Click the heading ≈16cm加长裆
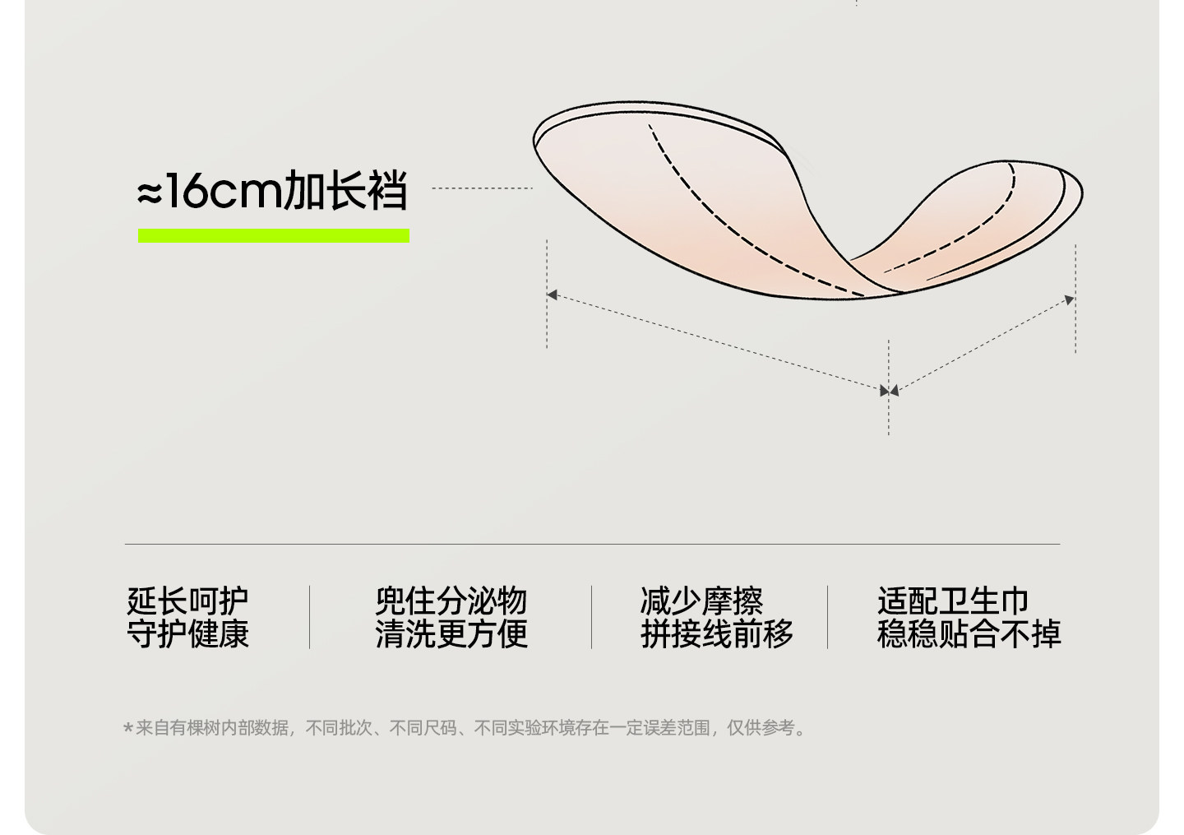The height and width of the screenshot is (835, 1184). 272,191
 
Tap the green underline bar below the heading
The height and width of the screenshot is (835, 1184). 273,236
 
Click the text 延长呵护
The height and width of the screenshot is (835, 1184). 187,601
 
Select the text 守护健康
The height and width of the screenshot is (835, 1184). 187,634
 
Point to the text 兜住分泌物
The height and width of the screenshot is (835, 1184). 451,601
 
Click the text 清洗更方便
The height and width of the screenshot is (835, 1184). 451,634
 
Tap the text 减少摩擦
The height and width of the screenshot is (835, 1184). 701,601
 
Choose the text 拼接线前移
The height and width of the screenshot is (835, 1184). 716,634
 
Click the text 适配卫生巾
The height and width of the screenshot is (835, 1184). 952,601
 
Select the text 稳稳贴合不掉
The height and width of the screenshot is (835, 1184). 969,634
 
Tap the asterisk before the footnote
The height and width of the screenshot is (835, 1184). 128,728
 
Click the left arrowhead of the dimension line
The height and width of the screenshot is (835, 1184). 553,295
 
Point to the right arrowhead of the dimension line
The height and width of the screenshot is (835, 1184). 1069,299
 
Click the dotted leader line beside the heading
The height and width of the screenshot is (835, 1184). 482,188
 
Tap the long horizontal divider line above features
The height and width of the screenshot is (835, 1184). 592,544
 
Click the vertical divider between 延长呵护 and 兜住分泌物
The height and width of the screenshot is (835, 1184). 310,617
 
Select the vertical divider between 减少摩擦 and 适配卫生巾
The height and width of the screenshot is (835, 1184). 827,617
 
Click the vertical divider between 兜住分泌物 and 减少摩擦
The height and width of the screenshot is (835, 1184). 591,617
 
